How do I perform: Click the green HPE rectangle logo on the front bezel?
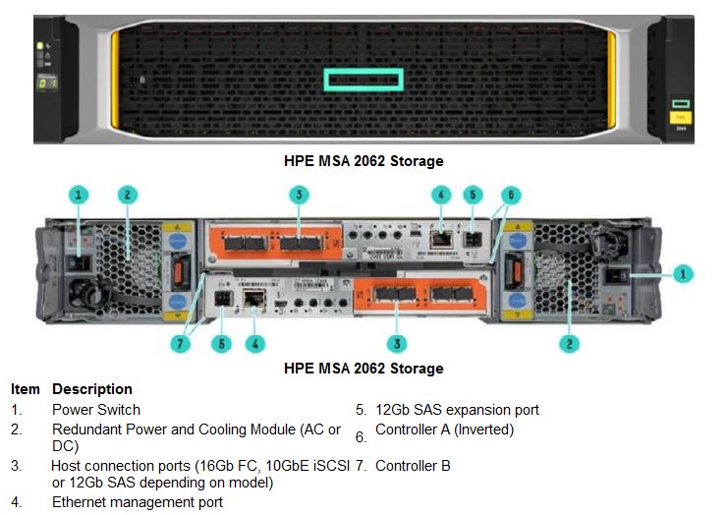[x=364, y=80]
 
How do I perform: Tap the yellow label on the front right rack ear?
[x=680, y=117]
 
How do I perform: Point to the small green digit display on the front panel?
[x=47, y=84]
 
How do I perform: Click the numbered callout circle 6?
[x=511, y=195]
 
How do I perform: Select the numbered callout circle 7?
[x=180, y=344]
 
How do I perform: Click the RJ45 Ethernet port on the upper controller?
[x=441, y=240]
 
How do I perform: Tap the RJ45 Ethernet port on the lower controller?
[x=254, y=298]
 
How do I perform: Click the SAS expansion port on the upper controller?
[x=473, y=240]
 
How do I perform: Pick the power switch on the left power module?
[x=77, y=263]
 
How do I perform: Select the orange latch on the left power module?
[x=178, y=272]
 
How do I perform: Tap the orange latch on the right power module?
[x=517, y=271]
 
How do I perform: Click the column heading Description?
[x=92, y=388]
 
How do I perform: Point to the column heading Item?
[x=26, y=388]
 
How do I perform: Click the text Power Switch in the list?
[x=96, y=410]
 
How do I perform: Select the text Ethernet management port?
[x=138, y=502]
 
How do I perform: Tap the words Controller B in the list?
[x=413, y=465]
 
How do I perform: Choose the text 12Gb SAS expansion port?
[x=457, y=410]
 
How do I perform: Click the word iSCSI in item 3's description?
[x=331, y=465]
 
